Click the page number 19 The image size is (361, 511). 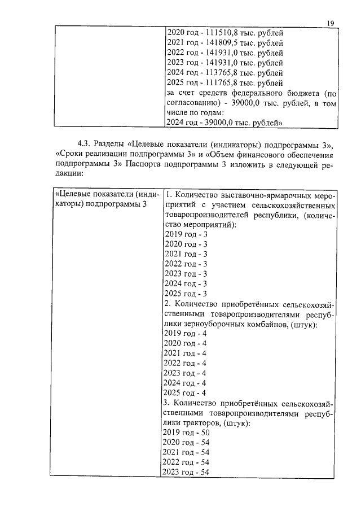[x=331, y=23]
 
